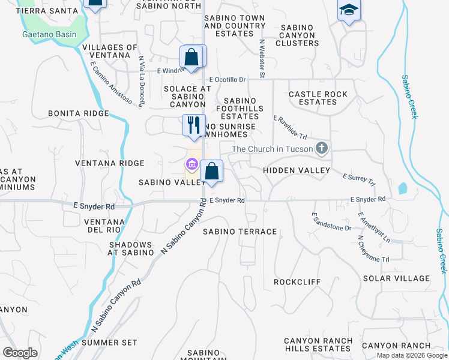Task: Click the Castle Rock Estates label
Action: pos(318,98)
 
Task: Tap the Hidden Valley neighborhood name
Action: pos(297,171)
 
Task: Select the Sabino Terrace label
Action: pos(240,232)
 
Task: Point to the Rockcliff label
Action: pos(297,282)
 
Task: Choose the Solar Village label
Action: pos(396,278)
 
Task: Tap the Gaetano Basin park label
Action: pos(50,34)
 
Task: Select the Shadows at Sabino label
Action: pos(130,249)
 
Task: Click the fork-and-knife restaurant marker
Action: pos(194,125)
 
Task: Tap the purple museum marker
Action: pos(192,164)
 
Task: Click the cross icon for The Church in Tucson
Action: pos(323,148)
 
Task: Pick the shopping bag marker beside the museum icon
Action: pos(211,172)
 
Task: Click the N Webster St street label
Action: pos(262,59)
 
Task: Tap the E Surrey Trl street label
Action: pos(358,179)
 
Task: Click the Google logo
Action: pos(20,353)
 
